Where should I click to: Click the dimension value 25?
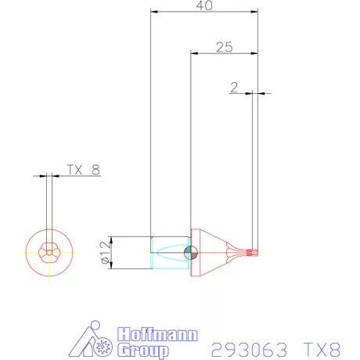click(x=224, y=46)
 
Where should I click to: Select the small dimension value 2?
click(x=234, y=87)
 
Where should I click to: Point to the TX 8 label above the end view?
click(x=83, y=169)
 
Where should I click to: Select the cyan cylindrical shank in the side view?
click(x=169, y=253)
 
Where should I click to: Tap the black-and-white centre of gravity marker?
click(x=190, y=253)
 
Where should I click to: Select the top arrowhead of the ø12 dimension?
click(x=113, y=239)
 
